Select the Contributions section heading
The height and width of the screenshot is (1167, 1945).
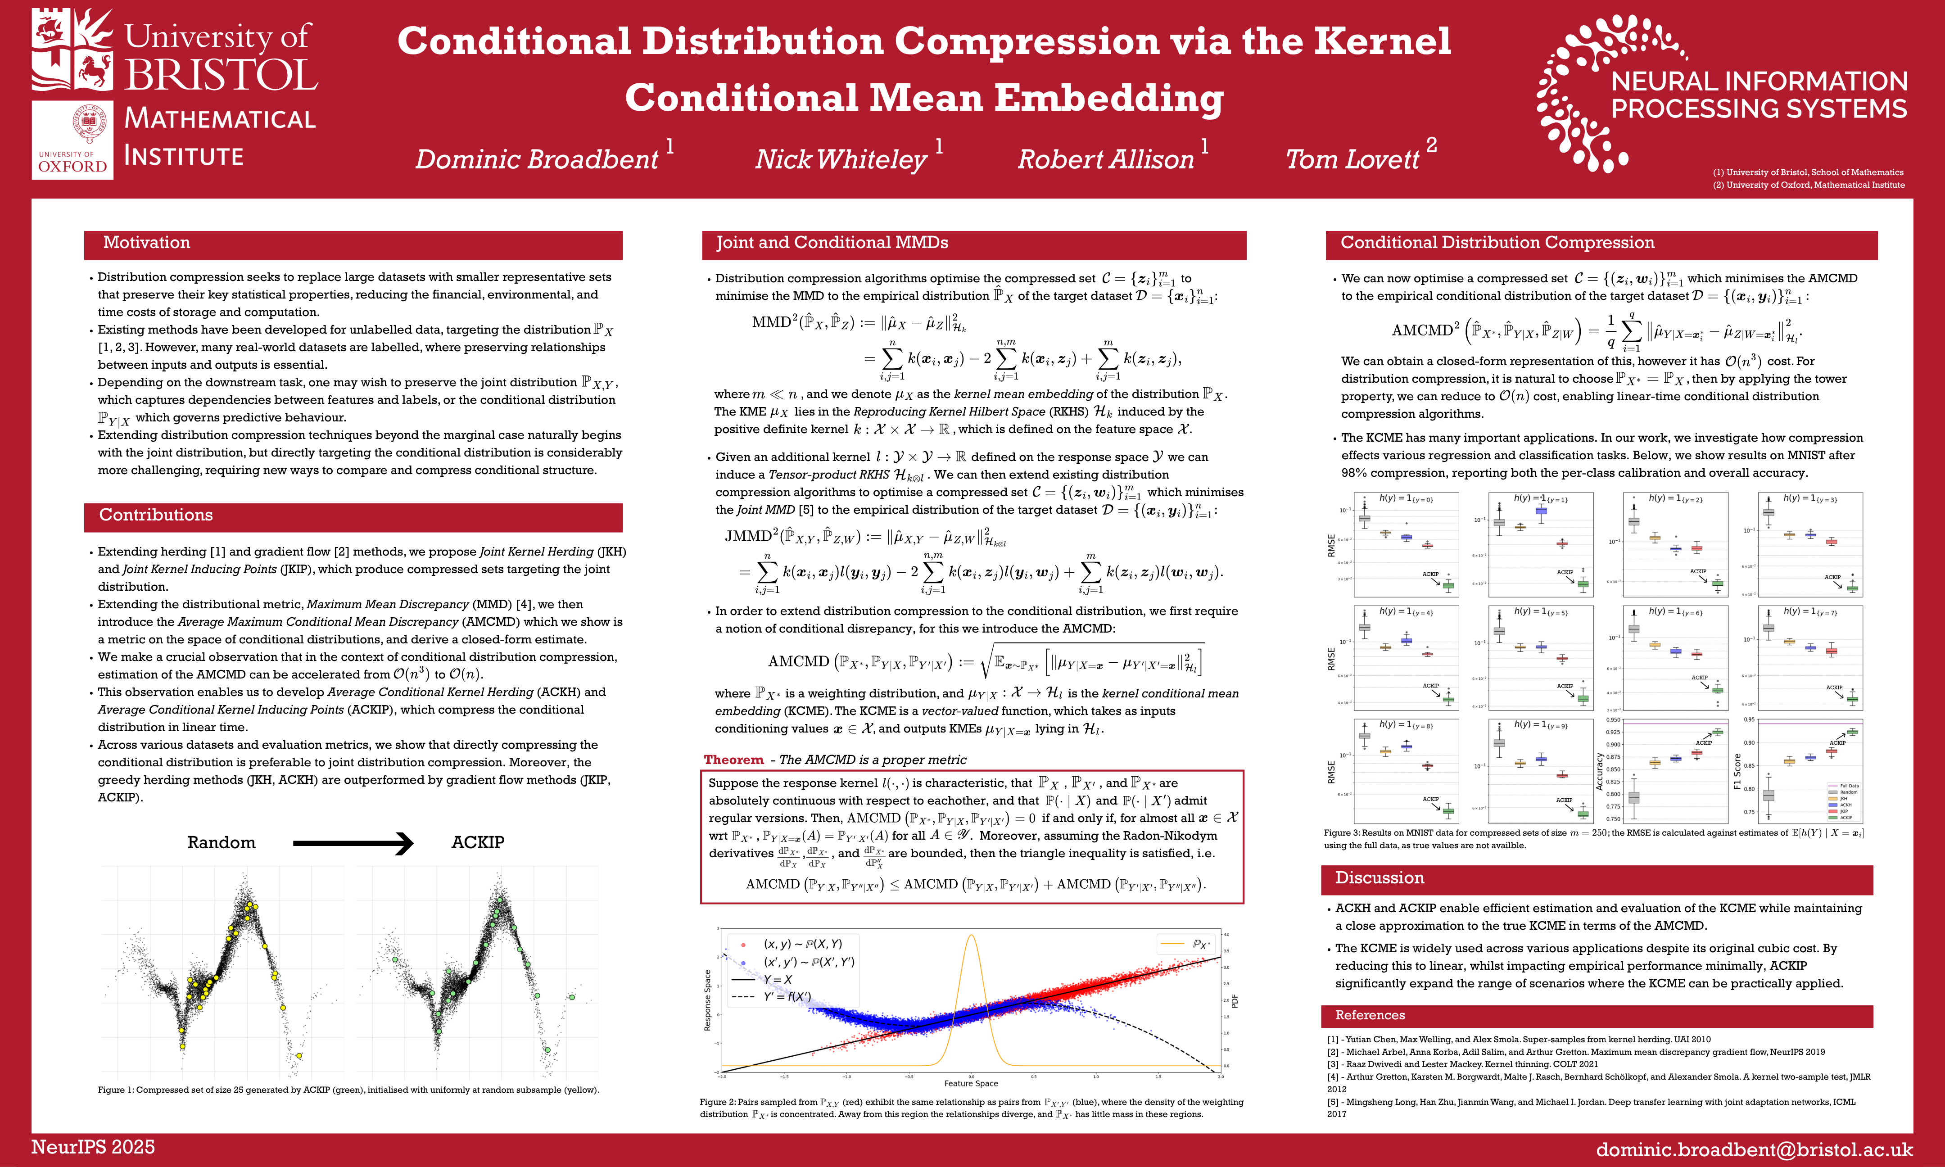(156, 515)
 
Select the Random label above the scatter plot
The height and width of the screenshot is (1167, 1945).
(221, 843)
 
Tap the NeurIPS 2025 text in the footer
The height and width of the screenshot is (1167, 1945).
(93, 1147)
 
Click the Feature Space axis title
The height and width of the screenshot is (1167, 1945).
(971, 1084)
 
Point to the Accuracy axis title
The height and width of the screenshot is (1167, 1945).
(1599, 771)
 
